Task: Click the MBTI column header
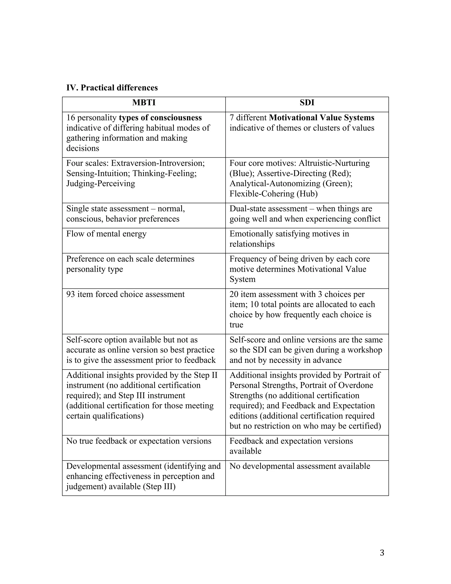[144, 103]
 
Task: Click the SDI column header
[307, 103]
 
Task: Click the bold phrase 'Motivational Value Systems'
[322, 118]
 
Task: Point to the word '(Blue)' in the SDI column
[242, 173]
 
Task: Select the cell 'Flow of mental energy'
[106, 234]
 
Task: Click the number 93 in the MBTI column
[70, 294]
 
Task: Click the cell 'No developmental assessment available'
[300, 466]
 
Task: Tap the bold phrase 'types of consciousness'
[160, 118]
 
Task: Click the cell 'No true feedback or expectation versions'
[139, 441]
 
